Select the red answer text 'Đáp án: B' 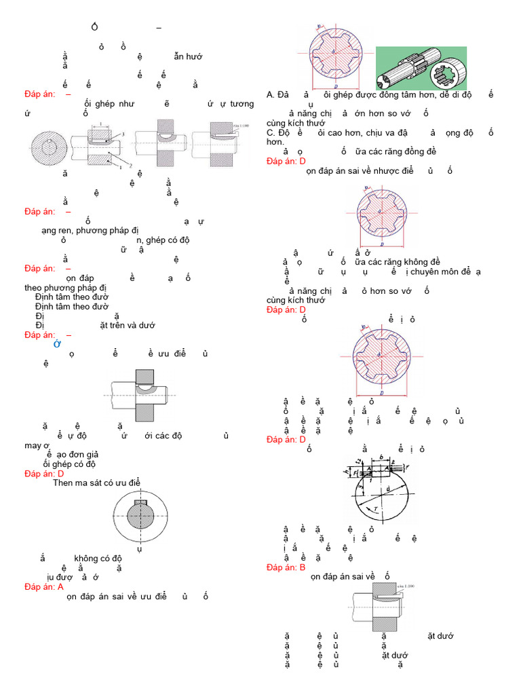[x=286, y=567]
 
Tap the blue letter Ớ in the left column [x=58, y=345]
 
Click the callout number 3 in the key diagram [x=123, y=136]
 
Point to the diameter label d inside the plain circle [x=387, y=487]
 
